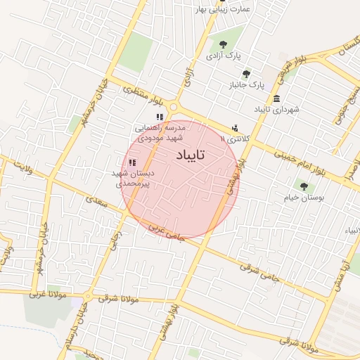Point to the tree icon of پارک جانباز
pos(246,73)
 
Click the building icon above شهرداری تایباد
pos(277,98)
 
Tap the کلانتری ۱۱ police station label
pos(234,139)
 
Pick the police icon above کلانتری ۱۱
pos(234,128)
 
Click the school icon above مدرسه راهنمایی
pos(160,117)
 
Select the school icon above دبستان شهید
pos(132,162)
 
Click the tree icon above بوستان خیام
pos(304,186)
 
